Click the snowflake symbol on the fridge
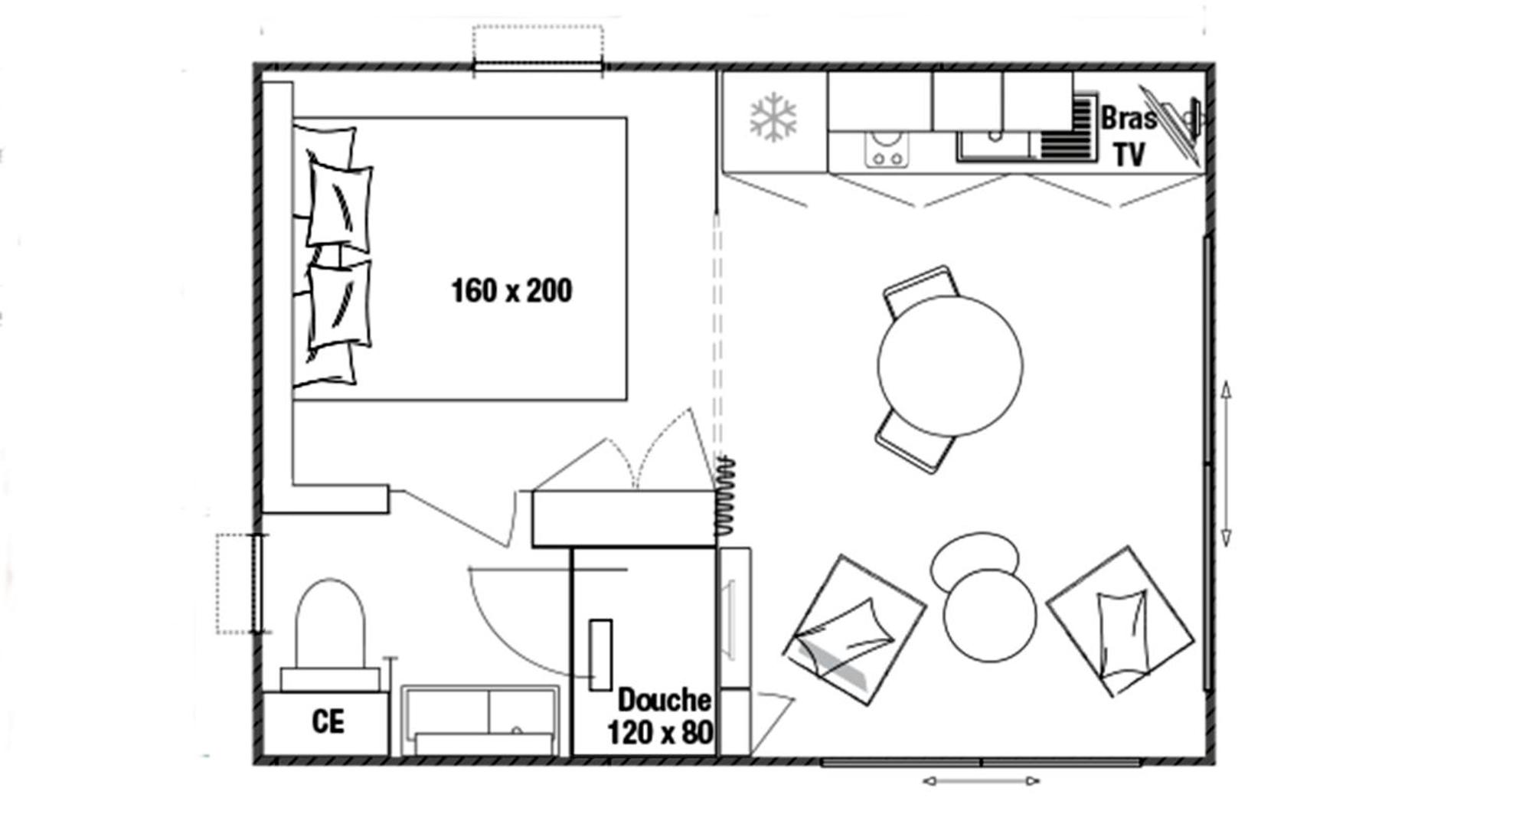(x=773, y=118)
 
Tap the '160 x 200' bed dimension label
(x=511, y=291)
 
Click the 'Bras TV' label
(x=1129, y=136)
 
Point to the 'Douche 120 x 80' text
(x=660, y=717)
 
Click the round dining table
(x=949, y=366)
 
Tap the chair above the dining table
(x=921, y=289)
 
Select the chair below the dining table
(x=914, y=443)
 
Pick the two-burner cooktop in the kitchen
(x=887, y=149)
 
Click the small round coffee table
(x=989, y=616)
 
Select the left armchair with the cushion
(x=854, y=629)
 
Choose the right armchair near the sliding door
(x=1120, y=621)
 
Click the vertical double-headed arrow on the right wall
(x=1226, y=464)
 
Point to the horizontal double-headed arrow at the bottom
(x=981, y=781)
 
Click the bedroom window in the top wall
(x=537, y=68)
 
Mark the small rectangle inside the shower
(x=600, y=655)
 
